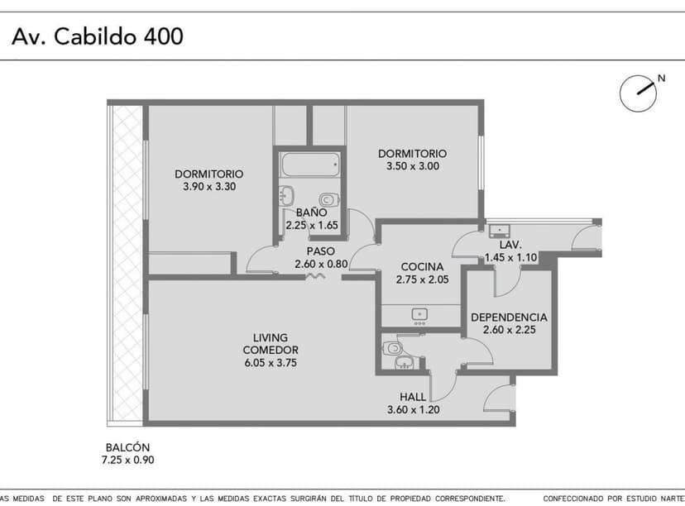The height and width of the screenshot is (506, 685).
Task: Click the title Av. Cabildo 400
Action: pos(98,36)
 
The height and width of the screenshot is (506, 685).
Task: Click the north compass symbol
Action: pos(639,93)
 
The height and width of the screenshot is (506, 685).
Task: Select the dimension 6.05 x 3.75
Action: pos(270,362)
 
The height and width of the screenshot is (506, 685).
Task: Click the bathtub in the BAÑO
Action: pos(309,165)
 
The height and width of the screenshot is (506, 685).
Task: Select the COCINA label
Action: pos(422,267)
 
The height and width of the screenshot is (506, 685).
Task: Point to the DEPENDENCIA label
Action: pos(509,317)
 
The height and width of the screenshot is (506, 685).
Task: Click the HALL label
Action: pos(413,397)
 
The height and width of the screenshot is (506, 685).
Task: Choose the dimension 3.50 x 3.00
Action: pos(412,166)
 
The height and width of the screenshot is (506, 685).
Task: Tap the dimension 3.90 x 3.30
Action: pos(209,187)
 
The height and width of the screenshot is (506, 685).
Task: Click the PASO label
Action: pos(320,251)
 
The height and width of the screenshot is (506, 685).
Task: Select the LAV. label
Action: pos(510,246)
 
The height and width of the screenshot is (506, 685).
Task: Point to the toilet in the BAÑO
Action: pos(328,199)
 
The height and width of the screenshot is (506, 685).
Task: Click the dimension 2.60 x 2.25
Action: pos(509,331)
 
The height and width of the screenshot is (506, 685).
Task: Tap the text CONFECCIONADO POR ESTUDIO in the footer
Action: pos(604,499)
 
